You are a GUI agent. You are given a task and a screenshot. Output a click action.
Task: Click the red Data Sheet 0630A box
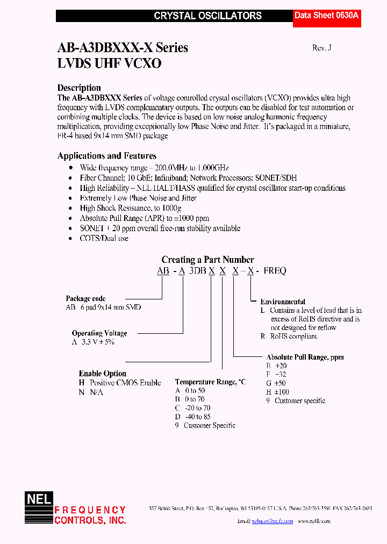pyautogui.click(x=326, y=16)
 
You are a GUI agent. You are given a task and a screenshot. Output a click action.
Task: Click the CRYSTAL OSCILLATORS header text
pyautogui.click(x=207, y=16)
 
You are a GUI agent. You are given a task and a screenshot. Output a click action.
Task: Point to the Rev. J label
pyautogui.click(x=322, y=47)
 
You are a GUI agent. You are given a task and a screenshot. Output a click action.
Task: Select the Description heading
pyautogui.click(x=79, y=88)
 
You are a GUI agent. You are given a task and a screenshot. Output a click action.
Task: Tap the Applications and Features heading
pyautogui.click(x=107, y=156)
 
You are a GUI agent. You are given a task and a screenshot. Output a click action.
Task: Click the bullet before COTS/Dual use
pyautogui.click(x=71, y=238)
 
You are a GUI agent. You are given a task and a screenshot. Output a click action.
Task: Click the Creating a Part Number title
pyautogui.click(x=207, y=260)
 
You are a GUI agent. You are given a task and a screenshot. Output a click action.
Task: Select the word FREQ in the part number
pyautogui.click(x=274, y=271)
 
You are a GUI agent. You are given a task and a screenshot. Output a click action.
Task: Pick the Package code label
pyautogui.click(x=85, y=298)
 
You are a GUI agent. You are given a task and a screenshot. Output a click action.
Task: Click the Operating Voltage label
pyautogui.click(x=99, y=333)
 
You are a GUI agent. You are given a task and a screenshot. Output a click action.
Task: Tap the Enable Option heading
pyautogui.click(x=103, y=374)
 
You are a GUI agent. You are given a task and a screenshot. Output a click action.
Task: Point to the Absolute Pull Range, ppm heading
pyautogui.click(x=305, y=357)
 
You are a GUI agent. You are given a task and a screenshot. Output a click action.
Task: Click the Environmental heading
pyautogui.click(x=283, y=302)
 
